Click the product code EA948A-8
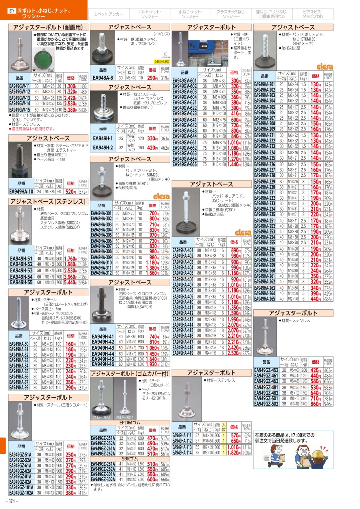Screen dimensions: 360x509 click(x=103, y=78)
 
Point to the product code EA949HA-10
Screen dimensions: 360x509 click(x=21, y=192)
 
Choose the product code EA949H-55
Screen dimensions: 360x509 click(x=21, y=282)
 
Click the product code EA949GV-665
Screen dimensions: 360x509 click(x=184, y=164)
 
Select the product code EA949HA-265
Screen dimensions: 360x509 click(x=265, y=299)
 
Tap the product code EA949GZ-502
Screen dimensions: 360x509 click(x=266, y=404)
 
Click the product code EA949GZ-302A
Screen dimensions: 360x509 click(x=104, y=479)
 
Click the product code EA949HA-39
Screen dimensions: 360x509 click(x=19, y=388)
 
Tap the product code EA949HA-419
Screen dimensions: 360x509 click(x=183, y=353)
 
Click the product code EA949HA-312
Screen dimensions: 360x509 click(x=102, y=273)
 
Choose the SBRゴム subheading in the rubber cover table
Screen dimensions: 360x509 click(x=130, y=458)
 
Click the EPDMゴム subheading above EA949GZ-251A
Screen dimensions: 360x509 click(x=130, y=422)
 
